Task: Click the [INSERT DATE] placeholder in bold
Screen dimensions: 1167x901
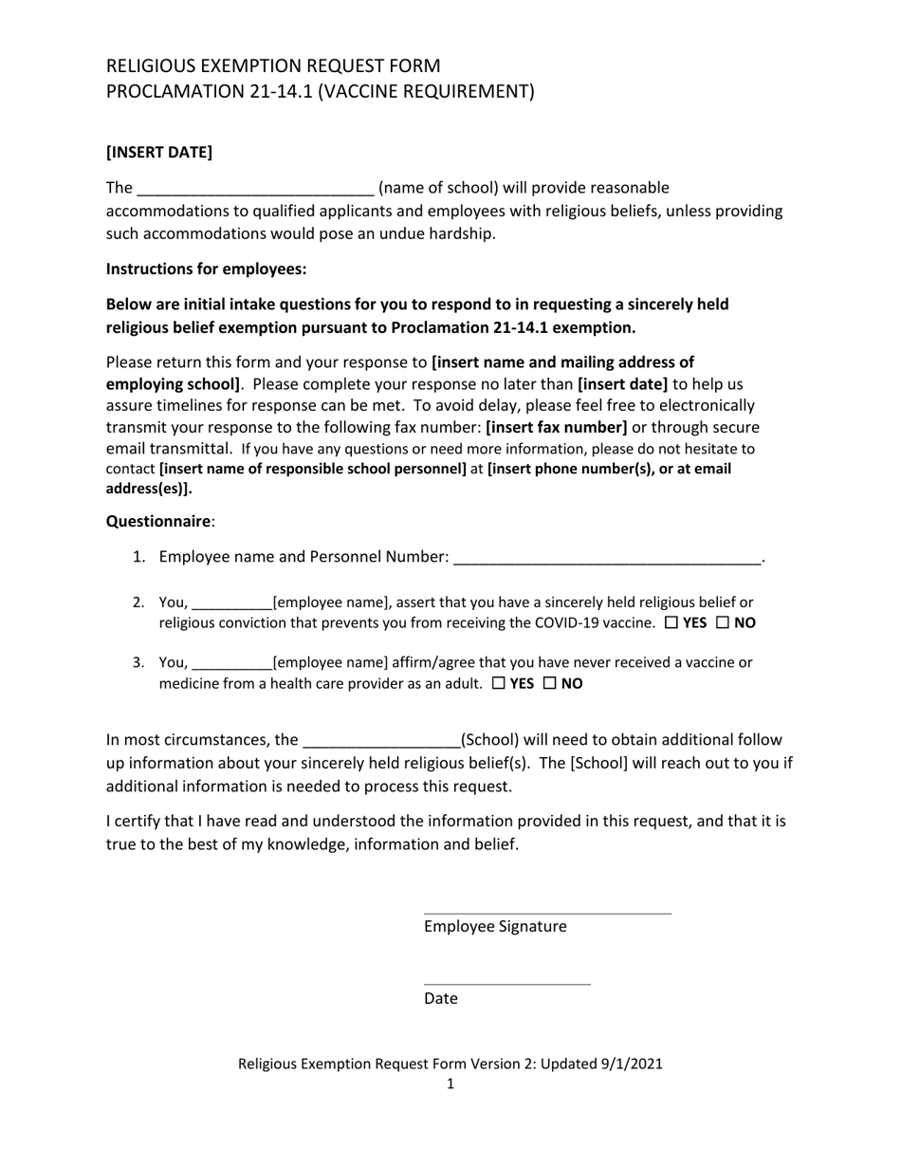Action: coord(158,152)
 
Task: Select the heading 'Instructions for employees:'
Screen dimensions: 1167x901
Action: coord(206,269)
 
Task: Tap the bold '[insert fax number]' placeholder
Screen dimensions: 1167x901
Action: coord(557,427)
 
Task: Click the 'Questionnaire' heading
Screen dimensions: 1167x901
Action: coord(157,521)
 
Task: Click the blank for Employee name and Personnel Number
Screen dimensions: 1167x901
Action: coord(607,558)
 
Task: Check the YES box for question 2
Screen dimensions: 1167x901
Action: coord(671,623)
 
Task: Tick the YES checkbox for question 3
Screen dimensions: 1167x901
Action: coord(499,684)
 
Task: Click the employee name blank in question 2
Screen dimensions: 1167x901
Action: coord(231,603)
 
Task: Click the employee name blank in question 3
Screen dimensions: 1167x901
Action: coord(231,663)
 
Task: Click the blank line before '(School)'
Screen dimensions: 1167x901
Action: coord(380,741)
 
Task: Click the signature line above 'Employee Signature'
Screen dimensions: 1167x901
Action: coord(547,913)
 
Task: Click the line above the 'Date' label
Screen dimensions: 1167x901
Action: coord(506,984)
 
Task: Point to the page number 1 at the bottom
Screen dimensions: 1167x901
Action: coord(450,1084)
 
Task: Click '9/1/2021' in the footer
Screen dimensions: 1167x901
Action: coord(632,1064)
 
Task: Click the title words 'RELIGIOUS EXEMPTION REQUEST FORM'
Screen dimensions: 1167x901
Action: coord(273,65)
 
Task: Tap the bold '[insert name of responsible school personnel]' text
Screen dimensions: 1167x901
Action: coord(313,469)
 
